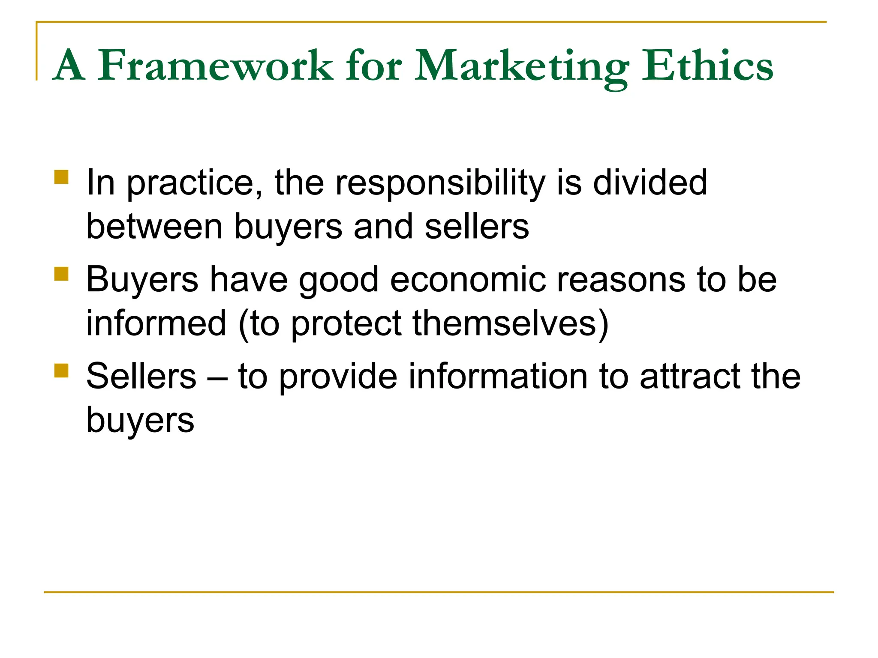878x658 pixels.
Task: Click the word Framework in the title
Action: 215,66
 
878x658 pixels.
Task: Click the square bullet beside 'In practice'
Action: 62,177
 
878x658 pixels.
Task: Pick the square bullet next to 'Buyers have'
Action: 62,274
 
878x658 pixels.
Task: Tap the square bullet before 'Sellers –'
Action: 62,371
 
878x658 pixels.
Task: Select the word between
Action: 154,227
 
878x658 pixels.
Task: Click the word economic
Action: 468,279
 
